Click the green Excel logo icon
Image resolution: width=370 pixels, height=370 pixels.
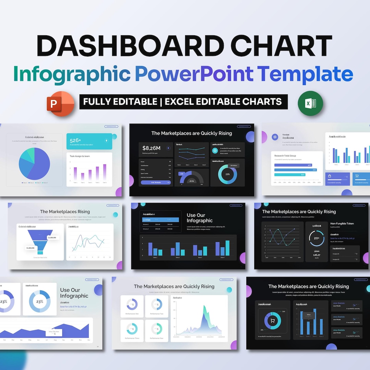(310, 103)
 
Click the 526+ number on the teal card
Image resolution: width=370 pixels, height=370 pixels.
(75, 140)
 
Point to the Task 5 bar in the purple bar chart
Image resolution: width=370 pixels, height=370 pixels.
(104, 172)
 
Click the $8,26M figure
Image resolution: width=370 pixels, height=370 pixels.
(151, 148)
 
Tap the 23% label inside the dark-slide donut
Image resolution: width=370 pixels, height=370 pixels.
(227, 174)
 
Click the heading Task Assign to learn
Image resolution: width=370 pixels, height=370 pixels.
(80, 156)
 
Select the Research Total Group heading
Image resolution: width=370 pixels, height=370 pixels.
(285, 156)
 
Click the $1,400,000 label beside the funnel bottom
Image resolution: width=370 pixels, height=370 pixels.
(30, 248)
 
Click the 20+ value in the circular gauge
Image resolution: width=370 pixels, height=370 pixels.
(317, 238)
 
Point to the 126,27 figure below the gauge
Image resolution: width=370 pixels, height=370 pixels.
(317, 255)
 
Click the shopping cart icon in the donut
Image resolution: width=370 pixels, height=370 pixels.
(273, 321)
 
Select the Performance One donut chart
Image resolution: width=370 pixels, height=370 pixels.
(132, 304)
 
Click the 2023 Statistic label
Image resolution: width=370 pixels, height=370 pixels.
(339, 317)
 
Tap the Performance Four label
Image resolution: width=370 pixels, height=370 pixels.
(157, 338)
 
